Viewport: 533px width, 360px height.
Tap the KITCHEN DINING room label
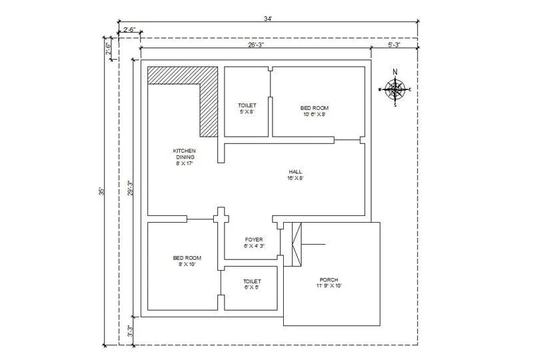[x=184, y=157]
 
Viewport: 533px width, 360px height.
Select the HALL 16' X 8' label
[x=296, y=175]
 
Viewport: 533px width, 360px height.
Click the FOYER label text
[x=254, y=242]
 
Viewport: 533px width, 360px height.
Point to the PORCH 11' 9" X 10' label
[x=328, y=283]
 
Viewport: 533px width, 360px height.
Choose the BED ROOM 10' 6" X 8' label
[x=314, y=111]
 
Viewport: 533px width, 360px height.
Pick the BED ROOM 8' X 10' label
[x=184, y=261]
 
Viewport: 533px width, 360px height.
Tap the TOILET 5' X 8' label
[x=247, y=109]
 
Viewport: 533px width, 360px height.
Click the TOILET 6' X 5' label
[x=252, y=285]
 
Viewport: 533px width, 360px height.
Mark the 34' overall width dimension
[x=268, y=19]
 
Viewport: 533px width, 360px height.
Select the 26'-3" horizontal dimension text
[x=256, y=45]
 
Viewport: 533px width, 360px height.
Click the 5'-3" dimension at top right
[x=394, y=45]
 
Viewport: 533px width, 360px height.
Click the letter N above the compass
[x=395, y=73]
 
